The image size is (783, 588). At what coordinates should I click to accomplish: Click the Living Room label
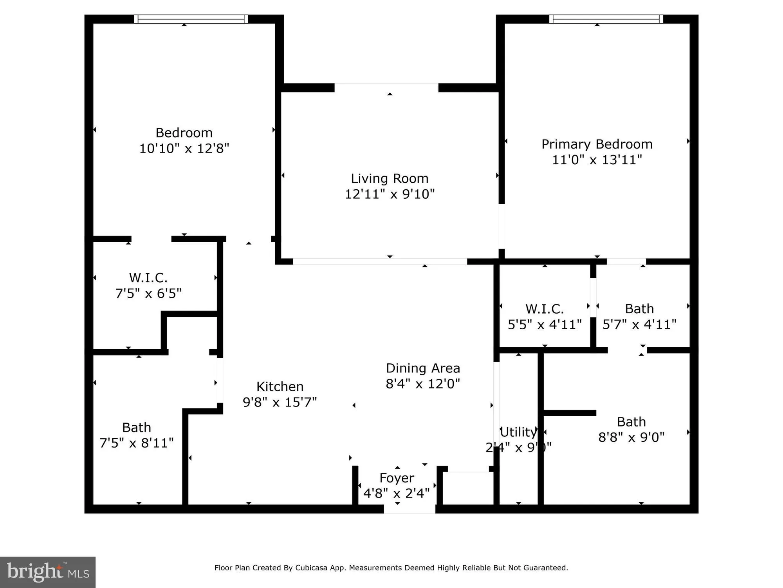click(390, 179)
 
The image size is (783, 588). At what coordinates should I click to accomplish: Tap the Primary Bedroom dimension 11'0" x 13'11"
click(597, 160)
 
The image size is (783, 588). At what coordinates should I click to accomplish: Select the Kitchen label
click(280, 387)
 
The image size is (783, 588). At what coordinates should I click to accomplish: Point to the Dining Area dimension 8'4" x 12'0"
click(422, 383)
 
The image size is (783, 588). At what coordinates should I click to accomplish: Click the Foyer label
click(397, 478)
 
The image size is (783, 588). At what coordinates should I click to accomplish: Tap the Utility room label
click(518, 432)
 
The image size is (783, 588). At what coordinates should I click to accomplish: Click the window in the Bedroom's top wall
click(191, 19)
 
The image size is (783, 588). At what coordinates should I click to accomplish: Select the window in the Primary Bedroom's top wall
click(606, 19)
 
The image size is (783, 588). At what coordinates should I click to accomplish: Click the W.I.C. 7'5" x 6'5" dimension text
click(148, 293)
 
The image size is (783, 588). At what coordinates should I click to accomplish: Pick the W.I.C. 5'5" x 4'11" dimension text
click(545, 325)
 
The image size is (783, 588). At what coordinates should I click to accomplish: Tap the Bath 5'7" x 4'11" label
click(639, 309)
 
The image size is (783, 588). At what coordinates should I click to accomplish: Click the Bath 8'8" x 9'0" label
click(631, 422)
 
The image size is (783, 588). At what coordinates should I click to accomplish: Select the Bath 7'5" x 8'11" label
click(136, 427)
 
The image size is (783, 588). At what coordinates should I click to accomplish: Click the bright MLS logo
click(48, 572)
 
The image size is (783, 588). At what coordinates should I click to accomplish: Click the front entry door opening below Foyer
click(410, 509)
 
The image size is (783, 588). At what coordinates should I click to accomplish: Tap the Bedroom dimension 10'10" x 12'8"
click(184, 148)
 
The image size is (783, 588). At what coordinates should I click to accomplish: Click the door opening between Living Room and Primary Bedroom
click(502, 226)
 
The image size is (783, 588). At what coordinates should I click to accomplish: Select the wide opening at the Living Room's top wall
click(386, 87)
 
